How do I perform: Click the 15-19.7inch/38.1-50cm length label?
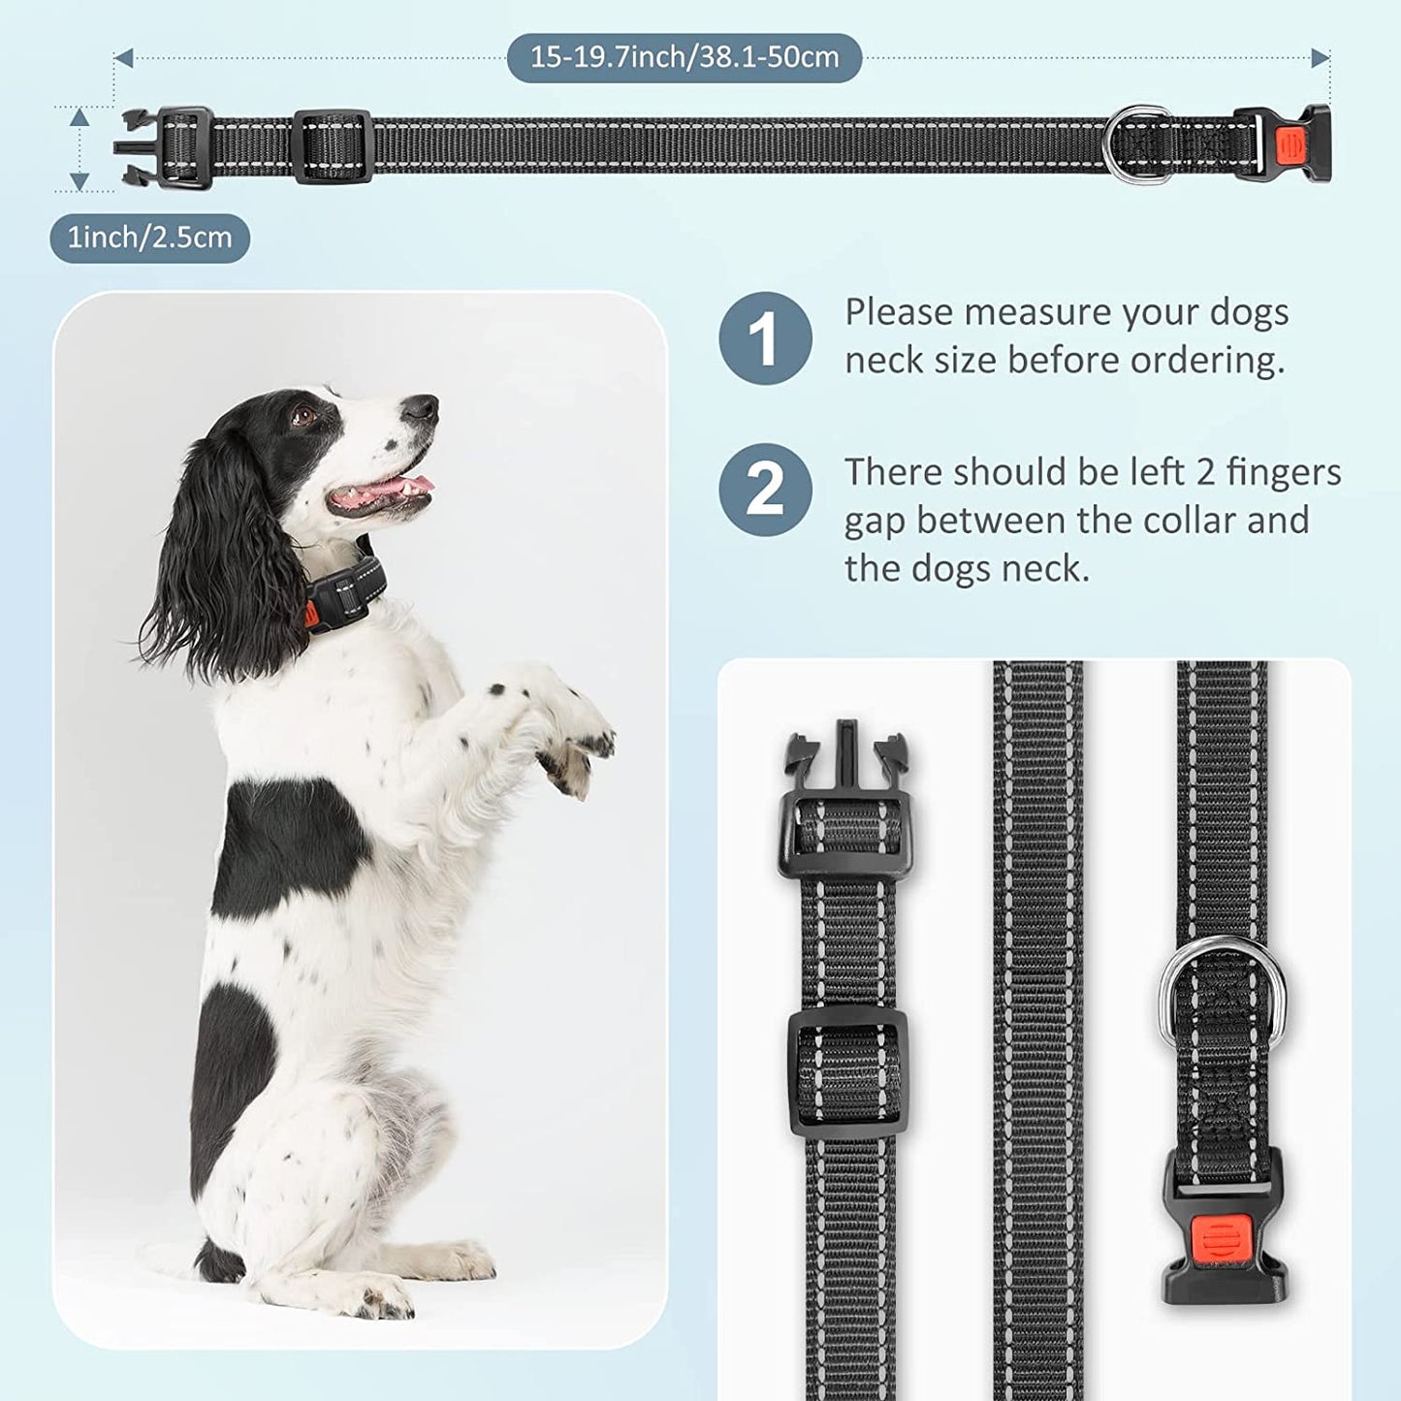coord(684,57)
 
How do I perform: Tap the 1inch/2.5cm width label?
coord(149,238)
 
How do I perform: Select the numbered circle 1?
coord(764,338)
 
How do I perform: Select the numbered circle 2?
coord(764,490)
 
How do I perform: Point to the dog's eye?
coord(304,417)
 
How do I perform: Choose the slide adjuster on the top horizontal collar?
coord(333,146)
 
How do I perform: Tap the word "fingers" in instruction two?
coord(1284,472)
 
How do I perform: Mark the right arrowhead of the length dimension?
coord(1320,58)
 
